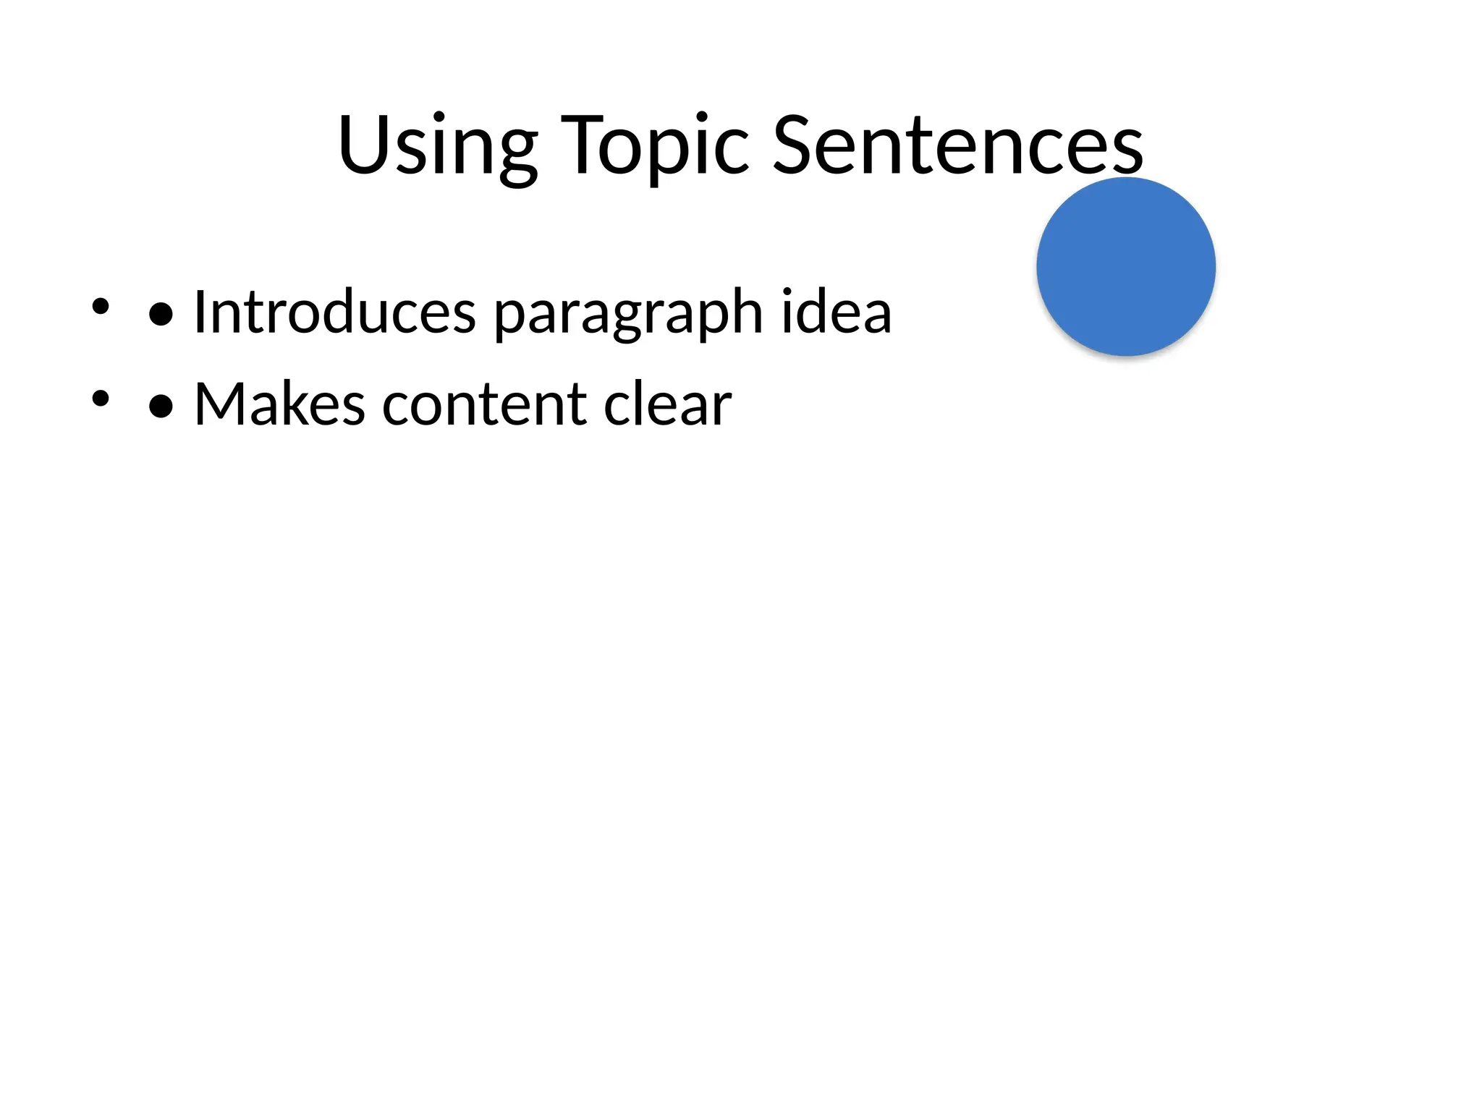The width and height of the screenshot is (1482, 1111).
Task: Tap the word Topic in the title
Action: pyautogui.click(x=655, y=146)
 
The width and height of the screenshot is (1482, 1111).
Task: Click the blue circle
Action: pyautogui.click(x=1125, y=266)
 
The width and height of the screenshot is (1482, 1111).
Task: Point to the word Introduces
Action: pyautogui.click(x=334, y=312)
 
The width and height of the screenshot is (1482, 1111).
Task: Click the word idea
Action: pyautogui.click(x=836, y=312)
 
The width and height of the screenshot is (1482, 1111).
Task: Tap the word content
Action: pyautogui.click(x=484, y=405)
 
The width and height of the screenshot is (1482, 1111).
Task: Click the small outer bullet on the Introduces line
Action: pyautogui.click(x=101, y=306)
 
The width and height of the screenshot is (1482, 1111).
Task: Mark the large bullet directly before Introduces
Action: pyautogui.click(x=161, y=315)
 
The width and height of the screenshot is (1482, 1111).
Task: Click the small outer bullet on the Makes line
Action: pyautogui.click(x=101, y=398)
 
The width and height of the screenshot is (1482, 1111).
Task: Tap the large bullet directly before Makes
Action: pyautogui.click(x=161, y=406)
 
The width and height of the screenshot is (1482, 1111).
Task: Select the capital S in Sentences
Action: pyautogui.click(x=796, y=145)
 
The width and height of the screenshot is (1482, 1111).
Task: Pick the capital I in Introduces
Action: pyautogui.click(x=200, y=312)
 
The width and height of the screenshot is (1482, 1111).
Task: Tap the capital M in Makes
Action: pyautogui.click(x=221, y=404)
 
